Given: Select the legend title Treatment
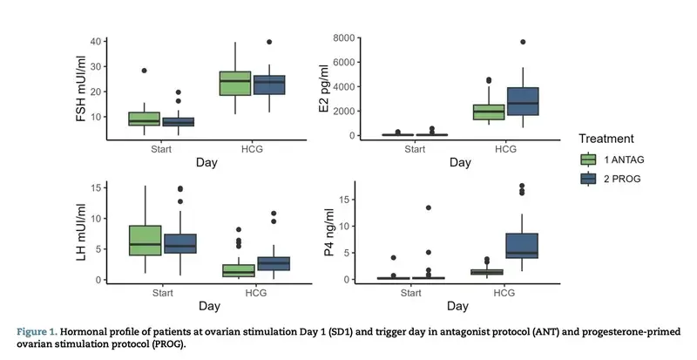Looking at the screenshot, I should click(x=608, y=139).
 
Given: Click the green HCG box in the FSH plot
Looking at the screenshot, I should click(x=235, y=84).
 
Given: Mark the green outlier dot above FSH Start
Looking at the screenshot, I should click(x=145, y=71).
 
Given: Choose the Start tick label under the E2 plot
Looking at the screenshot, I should click(x=414, y=148).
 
